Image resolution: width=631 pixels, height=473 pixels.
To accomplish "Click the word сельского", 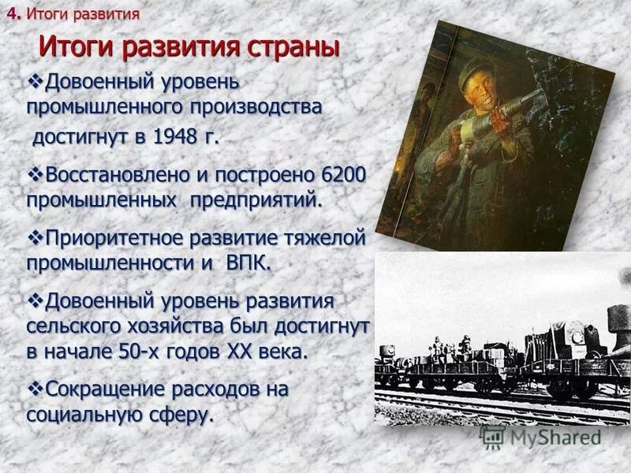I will (x=73, y=327).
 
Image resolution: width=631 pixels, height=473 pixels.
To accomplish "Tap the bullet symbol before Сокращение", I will (x=36, y=388).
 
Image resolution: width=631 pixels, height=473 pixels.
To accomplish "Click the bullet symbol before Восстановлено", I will (x=36, y=173).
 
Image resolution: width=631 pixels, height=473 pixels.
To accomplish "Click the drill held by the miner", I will (x=505, y=114).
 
